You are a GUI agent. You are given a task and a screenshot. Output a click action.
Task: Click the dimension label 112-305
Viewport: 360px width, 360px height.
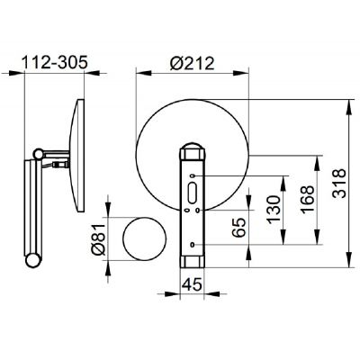tap(55, 62)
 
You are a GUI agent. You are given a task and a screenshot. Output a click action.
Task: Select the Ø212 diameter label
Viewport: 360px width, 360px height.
tap(192, 63)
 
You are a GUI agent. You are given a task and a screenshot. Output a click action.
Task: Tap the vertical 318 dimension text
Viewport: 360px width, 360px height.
tap(339, 184)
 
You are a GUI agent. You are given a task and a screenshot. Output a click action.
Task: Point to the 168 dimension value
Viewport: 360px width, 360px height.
tap(307, 200)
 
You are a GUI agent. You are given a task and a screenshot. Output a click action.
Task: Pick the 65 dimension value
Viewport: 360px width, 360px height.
tap(239, 228)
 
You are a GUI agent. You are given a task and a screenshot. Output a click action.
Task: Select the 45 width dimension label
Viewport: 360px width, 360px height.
tap(193, 284)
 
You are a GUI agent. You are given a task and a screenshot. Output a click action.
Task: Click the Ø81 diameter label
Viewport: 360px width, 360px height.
tap(99, 239)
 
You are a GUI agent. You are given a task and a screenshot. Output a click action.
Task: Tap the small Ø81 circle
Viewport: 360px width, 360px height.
tap(145, 238)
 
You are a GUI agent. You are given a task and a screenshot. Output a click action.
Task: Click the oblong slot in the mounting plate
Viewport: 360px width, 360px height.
tap(192, 193)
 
